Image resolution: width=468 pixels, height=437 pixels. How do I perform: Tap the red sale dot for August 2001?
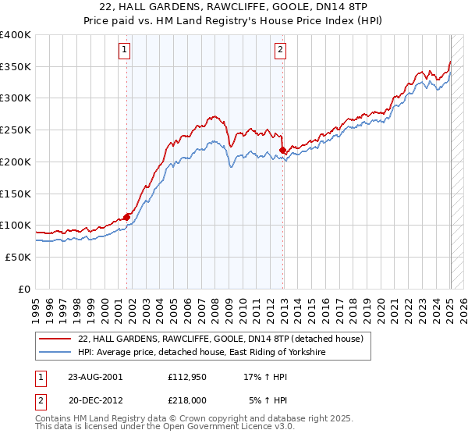tap(126, 217)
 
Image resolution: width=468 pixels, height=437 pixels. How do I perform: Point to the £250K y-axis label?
tap(15, 130)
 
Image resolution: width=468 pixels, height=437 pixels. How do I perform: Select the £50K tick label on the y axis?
tap(18, 257)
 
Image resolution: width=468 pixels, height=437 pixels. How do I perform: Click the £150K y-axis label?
tap(15, 193)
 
